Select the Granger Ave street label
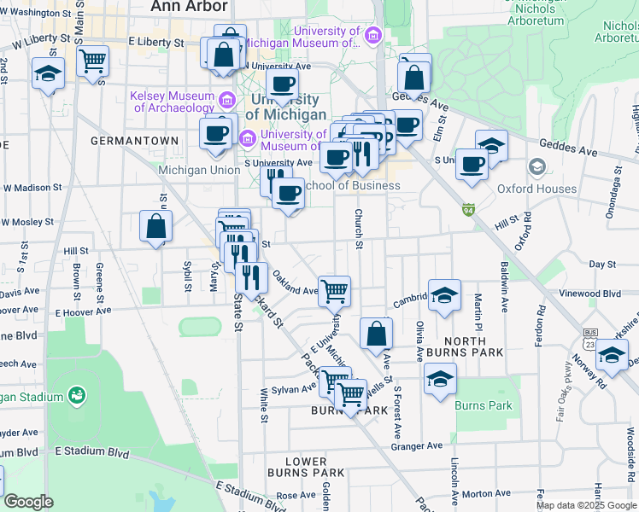(x=417, y=445)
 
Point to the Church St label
(x=360, y=229)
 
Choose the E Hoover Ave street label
(x=84, y=312)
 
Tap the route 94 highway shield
(x=467, y=209)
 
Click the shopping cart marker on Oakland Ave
(x=335, y=290)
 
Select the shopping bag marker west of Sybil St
(x=155, y=226)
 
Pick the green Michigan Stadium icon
(x=78, y=395)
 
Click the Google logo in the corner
(x=28, y=502)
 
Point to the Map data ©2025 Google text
(x=586, y=505)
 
